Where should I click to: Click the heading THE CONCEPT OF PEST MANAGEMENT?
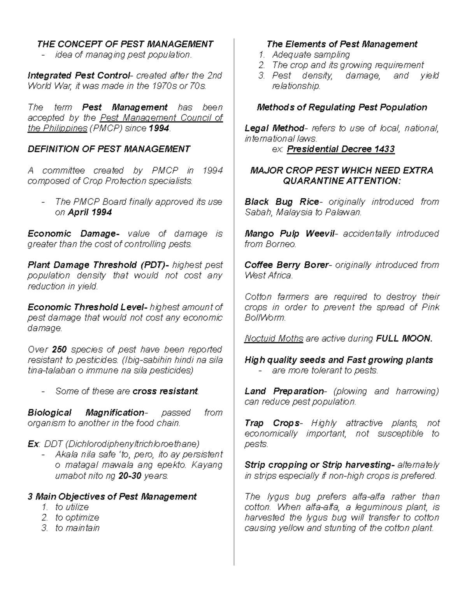pos(125,44)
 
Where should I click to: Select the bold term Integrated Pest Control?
pos(78,75)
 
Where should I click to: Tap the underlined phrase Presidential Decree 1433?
pos(341,149)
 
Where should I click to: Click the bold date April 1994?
pos(90,212)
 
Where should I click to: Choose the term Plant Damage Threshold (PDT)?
pos(98,265)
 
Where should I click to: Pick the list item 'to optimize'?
pos(77,518)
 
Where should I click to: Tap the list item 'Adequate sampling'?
pos(311,55)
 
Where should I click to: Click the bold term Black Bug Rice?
pos(282,202)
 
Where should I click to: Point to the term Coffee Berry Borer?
pos(286,265)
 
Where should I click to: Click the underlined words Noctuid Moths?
pos(274,339)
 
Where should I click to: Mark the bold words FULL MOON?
pos(404,339)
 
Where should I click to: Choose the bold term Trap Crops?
pos(272,423)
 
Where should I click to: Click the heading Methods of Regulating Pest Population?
pos(342,107)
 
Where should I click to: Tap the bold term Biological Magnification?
pos(86,413)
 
